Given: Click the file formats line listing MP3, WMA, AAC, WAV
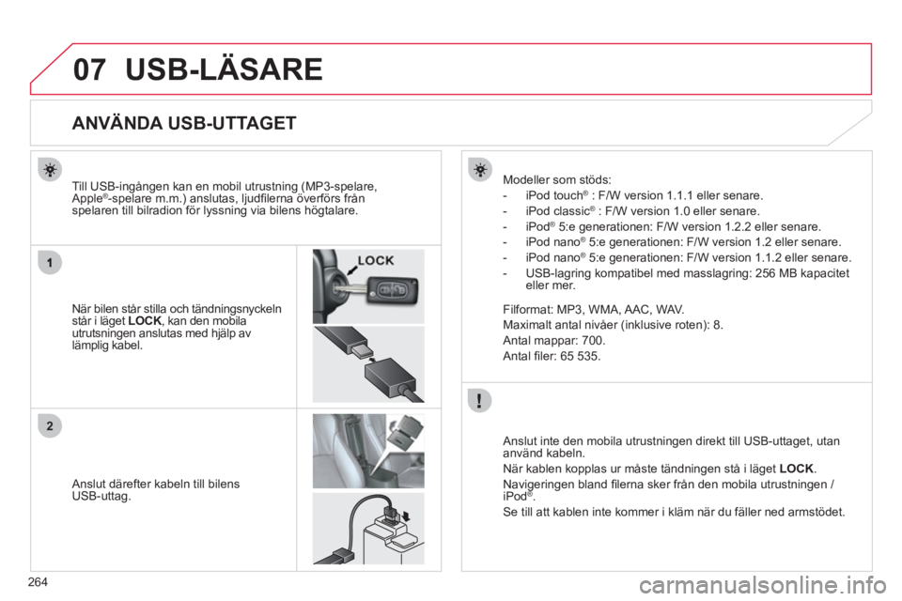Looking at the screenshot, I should click(x=594, y=307).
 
